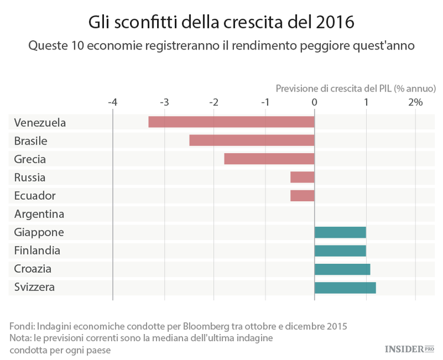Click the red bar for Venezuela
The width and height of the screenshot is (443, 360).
click(231, 122)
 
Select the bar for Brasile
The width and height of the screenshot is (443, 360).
click(252, 140)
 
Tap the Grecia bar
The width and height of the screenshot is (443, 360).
click(269, 159)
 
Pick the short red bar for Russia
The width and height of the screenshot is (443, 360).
click(302, 177)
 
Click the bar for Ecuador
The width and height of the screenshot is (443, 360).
click(302, 195)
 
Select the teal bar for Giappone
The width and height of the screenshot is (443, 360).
click(340, 232)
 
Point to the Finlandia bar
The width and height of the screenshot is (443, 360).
click(340, 250)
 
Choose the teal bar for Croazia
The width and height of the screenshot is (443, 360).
click(343, 269)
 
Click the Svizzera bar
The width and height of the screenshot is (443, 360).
click(345, 287)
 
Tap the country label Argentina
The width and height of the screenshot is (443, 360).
click(39, 214)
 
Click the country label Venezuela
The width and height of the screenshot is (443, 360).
click(40, 123)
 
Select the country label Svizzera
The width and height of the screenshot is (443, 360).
click(34, 287)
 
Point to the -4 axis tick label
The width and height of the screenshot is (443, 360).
click(112, 102)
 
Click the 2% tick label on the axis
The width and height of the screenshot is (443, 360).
click(415, 102)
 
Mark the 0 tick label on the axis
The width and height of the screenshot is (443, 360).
click(315, 102)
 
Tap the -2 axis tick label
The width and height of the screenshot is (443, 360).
click(214, 102)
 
